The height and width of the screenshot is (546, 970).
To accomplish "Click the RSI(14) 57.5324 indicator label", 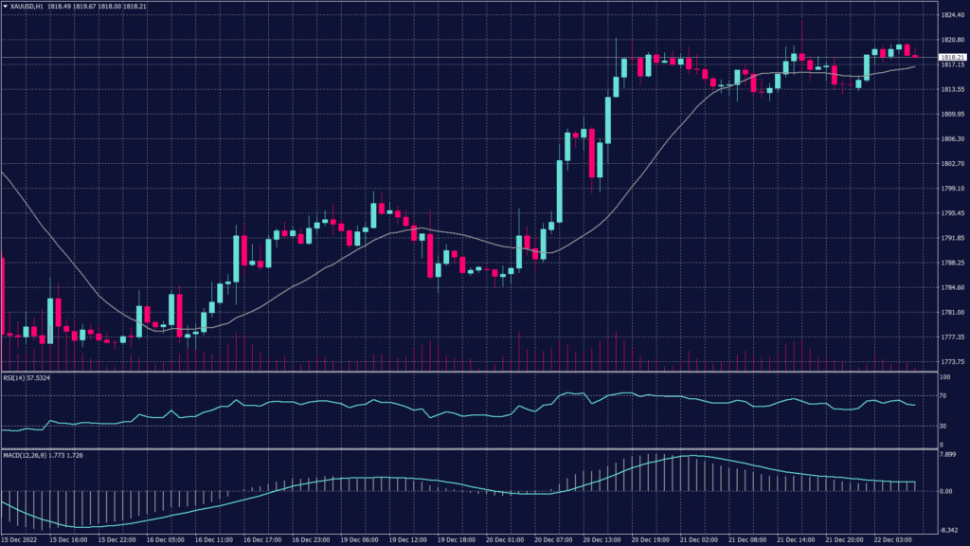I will [27, 377].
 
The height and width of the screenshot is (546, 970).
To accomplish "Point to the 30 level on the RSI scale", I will [943, 426].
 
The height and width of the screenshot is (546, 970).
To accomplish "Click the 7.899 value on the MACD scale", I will [948, 454].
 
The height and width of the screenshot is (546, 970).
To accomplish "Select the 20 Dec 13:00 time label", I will [603, 539].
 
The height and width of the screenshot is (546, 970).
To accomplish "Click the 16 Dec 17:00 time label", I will [261, 539].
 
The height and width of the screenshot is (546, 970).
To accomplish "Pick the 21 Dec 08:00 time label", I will [749, 539].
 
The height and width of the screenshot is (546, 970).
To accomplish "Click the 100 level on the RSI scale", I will [944, 377].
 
